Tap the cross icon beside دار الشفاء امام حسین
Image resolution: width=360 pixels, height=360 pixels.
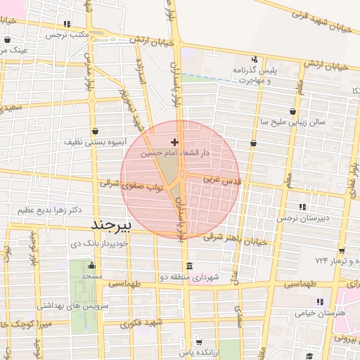coord(174,142)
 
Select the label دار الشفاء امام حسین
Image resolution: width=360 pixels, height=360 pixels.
coord(176,152)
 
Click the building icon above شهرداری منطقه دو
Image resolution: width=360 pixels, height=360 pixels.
coord(189,266)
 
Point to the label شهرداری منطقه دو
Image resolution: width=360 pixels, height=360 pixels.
coord(190,278)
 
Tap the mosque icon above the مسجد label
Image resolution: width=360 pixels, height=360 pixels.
coord(91,266)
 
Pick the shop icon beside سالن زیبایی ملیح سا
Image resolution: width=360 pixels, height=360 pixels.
coord(293,111)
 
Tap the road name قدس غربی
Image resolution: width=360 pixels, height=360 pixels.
coord(222,180)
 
